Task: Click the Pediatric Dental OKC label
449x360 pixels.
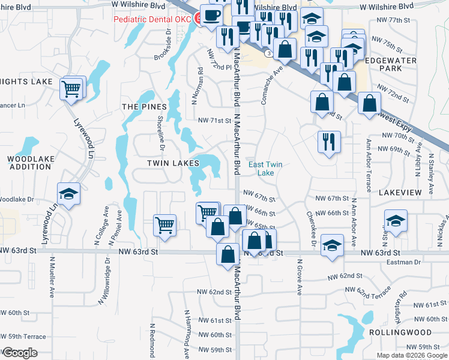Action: point(152,20)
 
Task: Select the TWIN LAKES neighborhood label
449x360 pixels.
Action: point(173,163)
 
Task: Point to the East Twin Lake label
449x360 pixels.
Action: point(265,169)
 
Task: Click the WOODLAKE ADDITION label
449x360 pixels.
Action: point(30,163)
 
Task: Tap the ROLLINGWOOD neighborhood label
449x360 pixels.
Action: point(408,332)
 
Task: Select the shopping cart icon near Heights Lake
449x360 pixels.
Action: point(72,89)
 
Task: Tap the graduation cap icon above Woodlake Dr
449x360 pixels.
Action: point(69,194)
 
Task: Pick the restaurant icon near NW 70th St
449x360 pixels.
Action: point(329,142)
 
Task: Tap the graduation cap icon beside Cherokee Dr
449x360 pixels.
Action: point(332,245)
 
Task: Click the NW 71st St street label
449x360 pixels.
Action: point(215,121)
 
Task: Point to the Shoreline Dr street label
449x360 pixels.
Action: point(161,131)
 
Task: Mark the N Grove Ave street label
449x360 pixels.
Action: point(299,277)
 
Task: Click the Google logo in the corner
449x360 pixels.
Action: point(19,353)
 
